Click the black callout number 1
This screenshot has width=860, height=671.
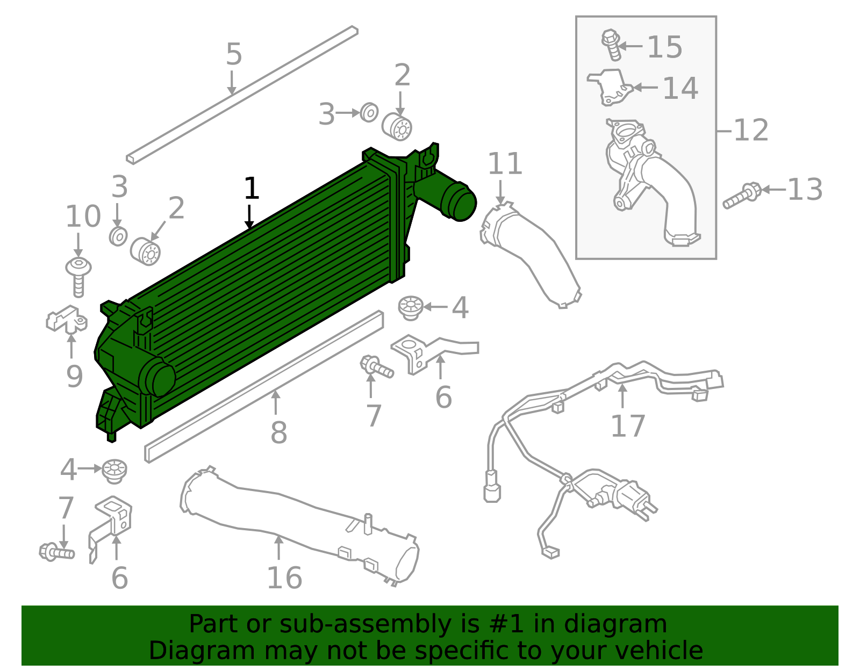[x=251, y=189]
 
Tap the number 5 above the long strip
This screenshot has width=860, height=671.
[x=234, y=54]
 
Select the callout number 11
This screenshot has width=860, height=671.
[x=505, y=164]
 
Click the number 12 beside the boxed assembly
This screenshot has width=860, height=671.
[x=751, y=131]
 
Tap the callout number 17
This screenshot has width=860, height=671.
[x=627, y=426]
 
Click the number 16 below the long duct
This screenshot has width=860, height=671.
[x=284, y=578]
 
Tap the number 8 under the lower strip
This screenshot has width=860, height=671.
[x=278, y=433]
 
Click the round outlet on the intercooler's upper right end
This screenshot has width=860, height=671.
[x=458, y=201]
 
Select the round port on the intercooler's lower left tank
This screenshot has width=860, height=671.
[x=157, y=378]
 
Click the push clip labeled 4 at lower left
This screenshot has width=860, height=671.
[x=114, y=471]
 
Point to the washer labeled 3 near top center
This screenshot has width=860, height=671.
[x=369, y=112]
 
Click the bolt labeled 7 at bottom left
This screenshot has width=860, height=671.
[x=56, y=552]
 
